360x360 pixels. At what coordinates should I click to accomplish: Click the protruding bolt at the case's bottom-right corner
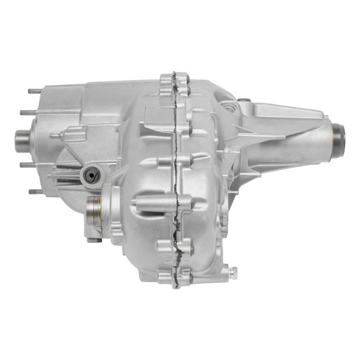(233, 271)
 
